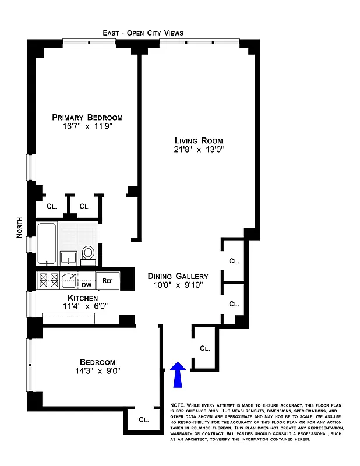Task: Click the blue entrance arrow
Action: point(178,373)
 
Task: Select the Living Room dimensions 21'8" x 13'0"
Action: point(199,150)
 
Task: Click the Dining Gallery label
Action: point(178,276)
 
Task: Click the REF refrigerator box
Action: point(107,281)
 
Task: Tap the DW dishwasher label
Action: point(86,284)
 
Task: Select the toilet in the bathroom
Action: point(89,253)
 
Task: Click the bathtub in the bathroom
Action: point(46,243)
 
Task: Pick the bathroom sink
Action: point(69,257)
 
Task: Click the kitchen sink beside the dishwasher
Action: point(69,280)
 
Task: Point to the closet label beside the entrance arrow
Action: point(204,348)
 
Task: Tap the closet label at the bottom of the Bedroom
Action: point(143,419)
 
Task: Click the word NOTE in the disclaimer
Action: point(177,405)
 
